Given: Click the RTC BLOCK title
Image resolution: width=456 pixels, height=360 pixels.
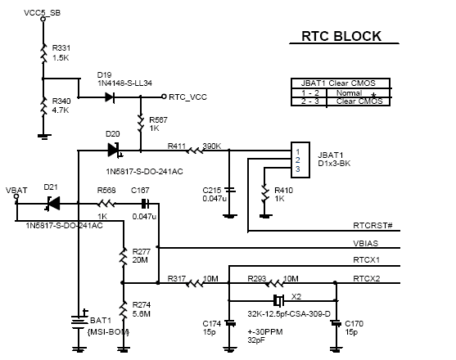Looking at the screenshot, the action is coord(341,36).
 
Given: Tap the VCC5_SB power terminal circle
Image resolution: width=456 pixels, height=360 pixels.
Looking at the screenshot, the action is coord(43,19).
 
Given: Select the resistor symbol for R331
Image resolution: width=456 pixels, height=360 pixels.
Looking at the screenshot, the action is coord(43,53).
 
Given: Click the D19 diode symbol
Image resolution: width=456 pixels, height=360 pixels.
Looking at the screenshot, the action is coord(110,97).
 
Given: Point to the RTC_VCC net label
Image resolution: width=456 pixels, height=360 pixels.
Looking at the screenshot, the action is coord(187,97).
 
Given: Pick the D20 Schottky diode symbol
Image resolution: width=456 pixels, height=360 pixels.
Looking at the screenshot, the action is coord(114,150).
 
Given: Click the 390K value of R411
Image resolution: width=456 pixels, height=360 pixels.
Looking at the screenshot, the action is coord(212,146).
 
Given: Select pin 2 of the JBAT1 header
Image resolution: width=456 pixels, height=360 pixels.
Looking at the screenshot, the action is coord(297,160).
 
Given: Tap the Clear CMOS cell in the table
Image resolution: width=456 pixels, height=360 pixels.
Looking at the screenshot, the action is coord(359,101).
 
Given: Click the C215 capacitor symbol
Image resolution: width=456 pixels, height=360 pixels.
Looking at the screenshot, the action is coord(230,190).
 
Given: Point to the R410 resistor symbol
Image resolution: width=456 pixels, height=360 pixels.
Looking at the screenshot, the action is coord(264,194).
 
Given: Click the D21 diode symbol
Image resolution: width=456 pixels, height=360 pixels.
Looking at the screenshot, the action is coord(52,204).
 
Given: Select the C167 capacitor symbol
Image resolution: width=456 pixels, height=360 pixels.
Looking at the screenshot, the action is coord(145,204).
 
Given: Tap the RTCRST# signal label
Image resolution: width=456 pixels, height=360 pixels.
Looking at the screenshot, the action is coord(372,226).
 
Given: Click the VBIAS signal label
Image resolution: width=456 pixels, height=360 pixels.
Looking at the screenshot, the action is coord(366,244).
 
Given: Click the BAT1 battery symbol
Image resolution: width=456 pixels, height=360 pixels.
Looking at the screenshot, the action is coord(79,322).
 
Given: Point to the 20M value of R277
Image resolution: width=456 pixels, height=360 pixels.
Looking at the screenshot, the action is coord(140,260).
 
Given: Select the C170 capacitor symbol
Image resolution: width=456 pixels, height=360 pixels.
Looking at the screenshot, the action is coord(336,323).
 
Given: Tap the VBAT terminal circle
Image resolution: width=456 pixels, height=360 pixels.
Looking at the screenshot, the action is coord(16,196).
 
